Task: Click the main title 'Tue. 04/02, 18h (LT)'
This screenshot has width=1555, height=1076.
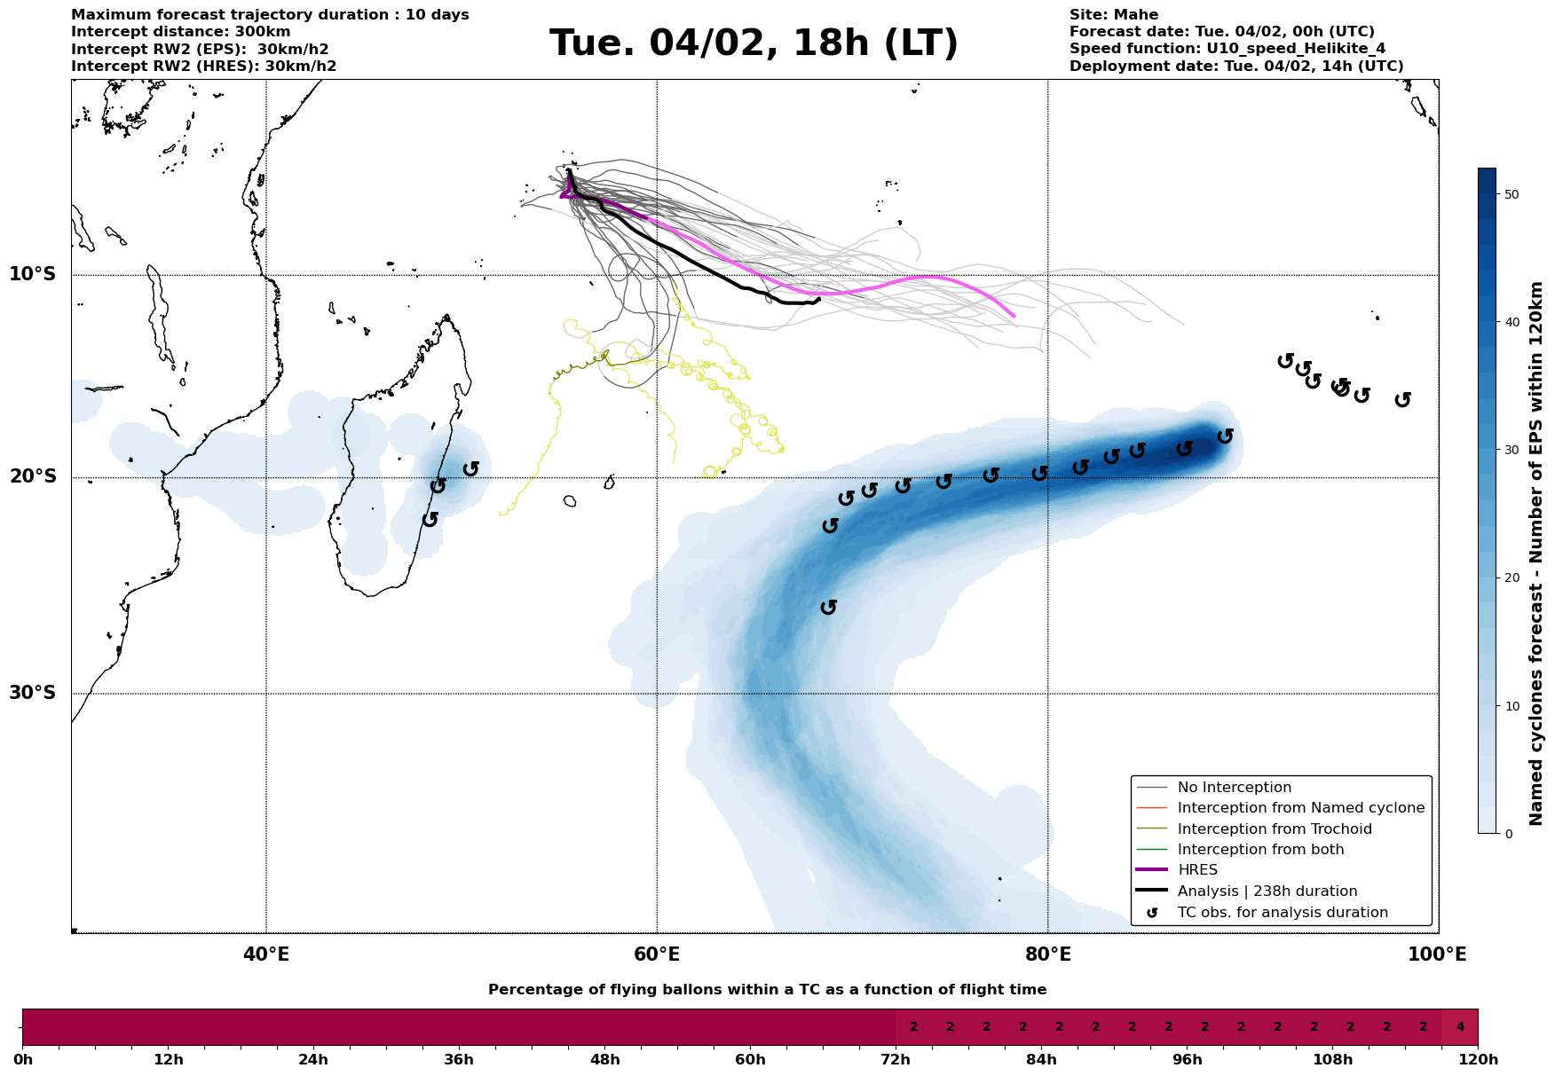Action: (754, 43)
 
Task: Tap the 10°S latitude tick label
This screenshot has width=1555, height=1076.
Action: (33, 274)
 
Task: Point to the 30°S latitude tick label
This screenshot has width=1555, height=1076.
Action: (33, 693)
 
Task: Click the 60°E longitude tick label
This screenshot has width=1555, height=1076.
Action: (657, 955)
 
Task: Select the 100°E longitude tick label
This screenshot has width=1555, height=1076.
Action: (1437, 955)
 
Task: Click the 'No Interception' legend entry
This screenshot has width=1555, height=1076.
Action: (1234, 788)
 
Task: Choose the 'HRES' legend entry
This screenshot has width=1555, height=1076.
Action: (1197, 870)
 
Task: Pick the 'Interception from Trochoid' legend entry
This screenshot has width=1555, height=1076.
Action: (1274, 829)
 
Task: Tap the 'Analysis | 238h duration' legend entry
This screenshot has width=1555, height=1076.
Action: (1267, 891)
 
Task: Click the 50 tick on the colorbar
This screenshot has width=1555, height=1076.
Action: (1512, 194)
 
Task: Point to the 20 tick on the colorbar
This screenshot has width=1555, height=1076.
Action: (1512, 578)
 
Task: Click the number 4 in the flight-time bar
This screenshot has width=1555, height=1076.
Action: (1460, 1027)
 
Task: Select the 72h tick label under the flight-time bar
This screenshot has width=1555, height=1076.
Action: (896, 1060)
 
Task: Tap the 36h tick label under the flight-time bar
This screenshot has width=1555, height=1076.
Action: (459, 1060)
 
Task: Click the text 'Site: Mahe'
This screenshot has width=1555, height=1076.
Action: (1113, 15)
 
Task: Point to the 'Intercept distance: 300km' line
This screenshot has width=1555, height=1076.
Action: (180, 32)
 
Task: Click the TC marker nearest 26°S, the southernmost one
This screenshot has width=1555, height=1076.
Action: (829, 607)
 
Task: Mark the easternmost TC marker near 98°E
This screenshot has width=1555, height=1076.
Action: (1402, 399)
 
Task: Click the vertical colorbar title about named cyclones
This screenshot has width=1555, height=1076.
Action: (1537, 554)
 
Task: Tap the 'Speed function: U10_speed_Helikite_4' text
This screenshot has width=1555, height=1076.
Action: (1227, 49)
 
